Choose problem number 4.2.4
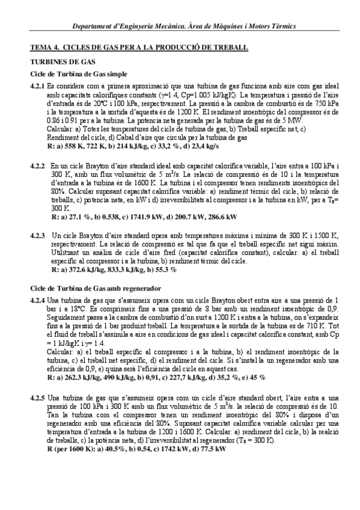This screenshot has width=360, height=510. (x=37, y=300)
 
